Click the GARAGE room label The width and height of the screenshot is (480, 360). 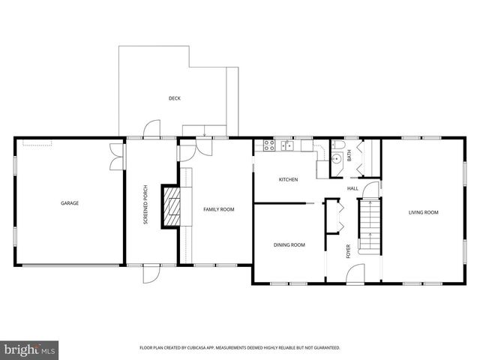(70, 202)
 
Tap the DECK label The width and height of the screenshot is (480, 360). (174, 98)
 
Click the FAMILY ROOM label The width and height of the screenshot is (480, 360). (219, 209)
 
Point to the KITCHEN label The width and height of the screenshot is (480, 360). (289, 179)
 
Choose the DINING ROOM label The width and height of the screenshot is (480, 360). (289, 244)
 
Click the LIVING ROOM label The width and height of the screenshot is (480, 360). (423, 212)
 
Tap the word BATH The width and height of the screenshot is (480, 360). (349, 156)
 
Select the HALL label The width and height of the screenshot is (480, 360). (352, 188)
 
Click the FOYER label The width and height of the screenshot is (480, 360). (348, 251)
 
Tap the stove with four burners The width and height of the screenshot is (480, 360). (286, 146)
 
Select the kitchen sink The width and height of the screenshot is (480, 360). (268, 146)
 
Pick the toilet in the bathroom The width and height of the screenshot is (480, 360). (337, 145)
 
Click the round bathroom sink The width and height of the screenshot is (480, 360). (336, 159)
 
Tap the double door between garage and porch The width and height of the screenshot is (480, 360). (116, 156)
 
